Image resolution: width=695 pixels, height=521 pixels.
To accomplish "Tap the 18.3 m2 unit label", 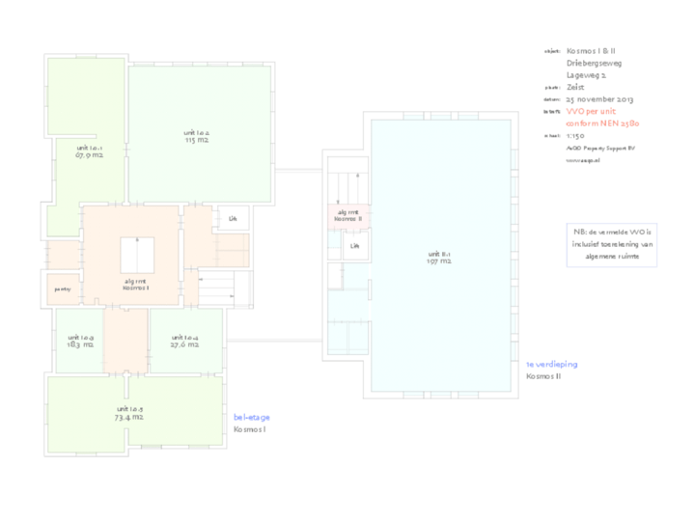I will pyautogui.click(x=80, y=341).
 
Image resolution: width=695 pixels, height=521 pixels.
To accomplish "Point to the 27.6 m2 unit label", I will pyautogui.click(x=184, y=341).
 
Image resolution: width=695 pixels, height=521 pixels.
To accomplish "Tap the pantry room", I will pyautogui.click(x=63, y=288).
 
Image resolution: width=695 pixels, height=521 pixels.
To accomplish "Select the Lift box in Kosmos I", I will pyautogui.click(x=233, y=219).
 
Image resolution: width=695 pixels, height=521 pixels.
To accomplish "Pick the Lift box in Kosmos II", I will pyautogui.click(x=355, y=246).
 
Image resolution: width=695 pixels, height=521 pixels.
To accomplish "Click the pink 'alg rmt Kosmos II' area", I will pyautogui.click(x=347, y=215).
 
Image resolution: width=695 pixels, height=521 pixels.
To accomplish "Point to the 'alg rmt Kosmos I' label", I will pyautogui.click(x=135, y=285).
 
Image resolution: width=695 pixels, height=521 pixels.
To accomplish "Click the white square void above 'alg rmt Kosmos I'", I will pyautogui.click(x=137, y=255).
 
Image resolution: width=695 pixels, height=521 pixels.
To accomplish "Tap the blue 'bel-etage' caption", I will pyautogui.click(x=252, y=417).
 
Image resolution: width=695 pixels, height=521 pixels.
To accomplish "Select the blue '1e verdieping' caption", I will pyautogui.click(x=552, y=365).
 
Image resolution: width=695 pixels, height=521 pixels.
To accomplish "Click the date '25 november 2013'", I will pyautogui.click(x=599, y=99).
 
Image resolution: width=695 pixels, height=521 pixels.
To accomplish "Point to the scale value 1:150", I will pyautogui.click(x=575, y=136).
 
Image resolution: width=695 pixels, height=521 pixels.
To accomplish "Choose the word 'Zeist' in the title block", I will pyautogui.click(x=575, y=87).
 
